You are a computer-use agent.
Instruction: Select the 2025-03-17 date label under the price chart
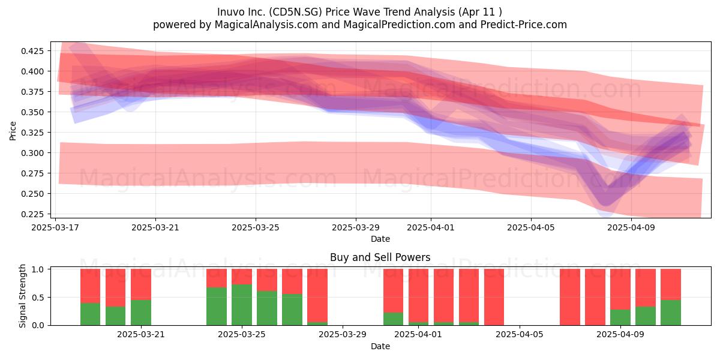pos(55,227)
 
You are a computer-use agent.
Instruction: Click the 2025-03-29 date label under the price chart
pos(355,227)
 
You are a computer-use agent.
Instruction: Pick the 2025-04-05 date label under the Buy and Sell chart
pos(520,334)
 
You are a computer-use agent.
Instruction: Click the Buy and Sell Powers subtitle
pos(380,257)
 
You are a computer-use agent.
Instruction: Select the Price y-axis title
pos(13,131)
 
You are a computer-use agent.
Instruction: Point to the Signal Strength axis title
pos(22,296)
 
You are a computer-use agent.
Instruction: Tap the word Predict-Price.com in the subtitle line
pos(524,25)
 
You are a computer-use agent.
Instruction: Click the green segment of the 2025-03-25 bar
pos(242,305)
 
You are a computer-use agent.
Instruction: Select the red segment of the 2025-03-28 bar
pos(317,295)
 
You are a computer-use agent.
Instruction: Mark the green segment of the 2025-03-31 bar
pos(393,319)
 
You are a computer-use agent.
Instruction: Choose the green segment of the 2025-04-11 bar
pos(671,313)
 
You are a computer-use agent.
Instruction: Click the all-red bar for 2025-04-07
pos(570,297)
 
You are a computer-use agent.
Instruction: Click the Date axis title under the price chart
pos(380,239)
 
